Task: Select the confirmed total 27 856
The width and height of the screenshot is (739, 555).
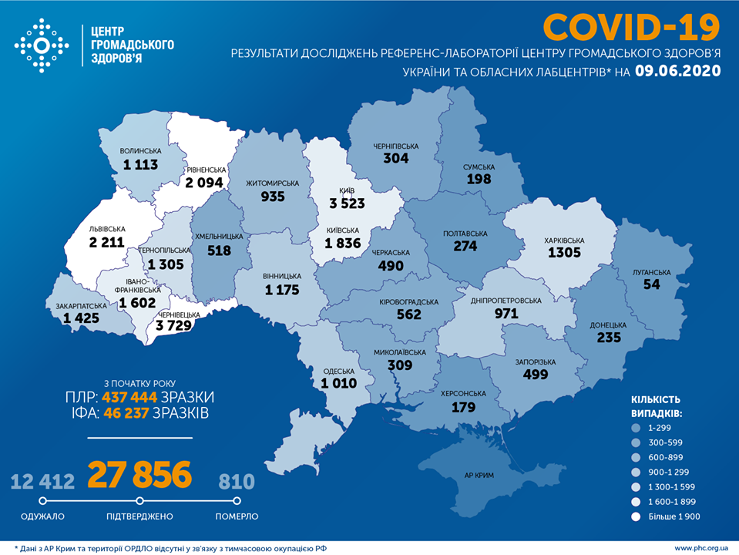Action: [x=139, y=476]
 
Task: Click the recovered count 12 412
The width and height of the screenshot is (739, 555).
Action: [x=43, y=483]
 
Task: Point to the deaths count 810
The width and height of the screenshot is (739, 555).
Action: [x=236, y=483]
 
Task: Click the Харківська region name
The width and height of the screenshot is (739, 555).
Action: [x=565, y=240]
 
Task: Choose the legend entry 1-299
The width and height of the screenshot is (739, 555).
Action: [x=658, y=427]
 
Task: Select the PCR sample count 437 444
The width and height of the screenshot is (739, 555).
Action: [x=130, y=397]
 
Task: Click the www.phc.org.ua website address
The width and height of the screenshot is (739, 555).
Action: [x=702, y=547]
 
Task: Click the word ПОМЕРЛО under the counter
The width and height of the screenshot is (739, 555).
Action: [x=236, y=516]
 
